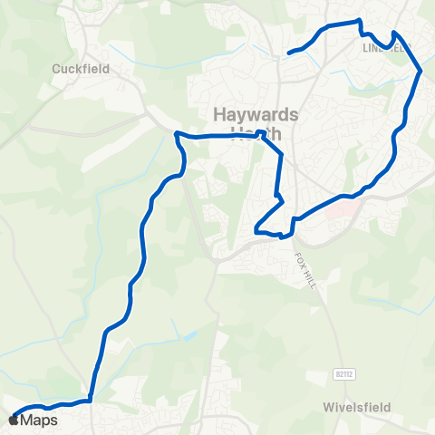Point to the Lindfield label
[x=386, y=46]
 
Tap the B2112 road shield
[x=341, y=372]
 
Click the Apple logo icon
[x=13, y=420]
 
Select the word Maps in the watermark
[x=39, y=420]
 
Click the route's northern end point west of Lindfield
[x=289, y=53]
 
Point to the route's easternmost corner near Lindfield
[x=420, y=70]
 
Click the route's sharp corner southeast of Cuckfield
[x=177, y=134]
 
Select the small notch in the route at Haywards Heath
[x=262, y=133]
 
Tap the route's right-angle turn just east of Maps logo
[x=92, y=400]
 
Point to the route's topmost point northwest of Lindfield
[x=359, y=20]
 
